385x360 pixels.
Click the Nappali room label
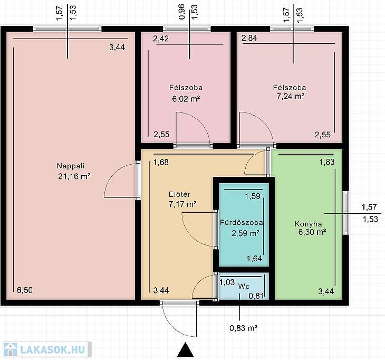71,166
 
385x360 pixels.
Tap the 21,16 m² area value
74,176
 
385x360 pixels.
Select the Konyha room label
308,224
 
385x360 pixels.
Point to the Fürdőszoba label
241,223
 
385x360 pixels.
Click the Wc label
244,287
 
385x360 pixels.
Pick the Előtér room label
179,194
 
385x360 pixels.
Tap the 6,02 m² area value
186,99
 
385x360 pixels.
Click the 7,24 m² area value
291,96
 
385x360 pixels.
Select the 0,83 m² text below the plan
243,328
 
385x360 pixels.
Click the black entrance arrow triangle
185,349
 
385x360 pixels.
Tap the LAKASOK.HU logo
46,349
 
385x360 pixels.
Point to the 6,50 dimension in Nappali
25,290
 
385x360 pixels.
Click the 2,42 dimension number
161,39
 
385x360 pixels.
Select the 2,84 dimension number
249,38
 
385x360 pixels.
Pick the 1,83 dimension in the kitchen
327,162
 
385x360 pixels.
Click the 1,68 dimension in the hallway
161,162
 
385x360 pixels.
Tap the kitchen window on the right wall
345,213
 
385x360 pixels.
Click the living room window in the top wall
68,29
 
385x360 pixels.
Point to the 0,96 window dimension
182,12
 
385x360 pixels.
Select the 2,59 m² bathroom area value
245,233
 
